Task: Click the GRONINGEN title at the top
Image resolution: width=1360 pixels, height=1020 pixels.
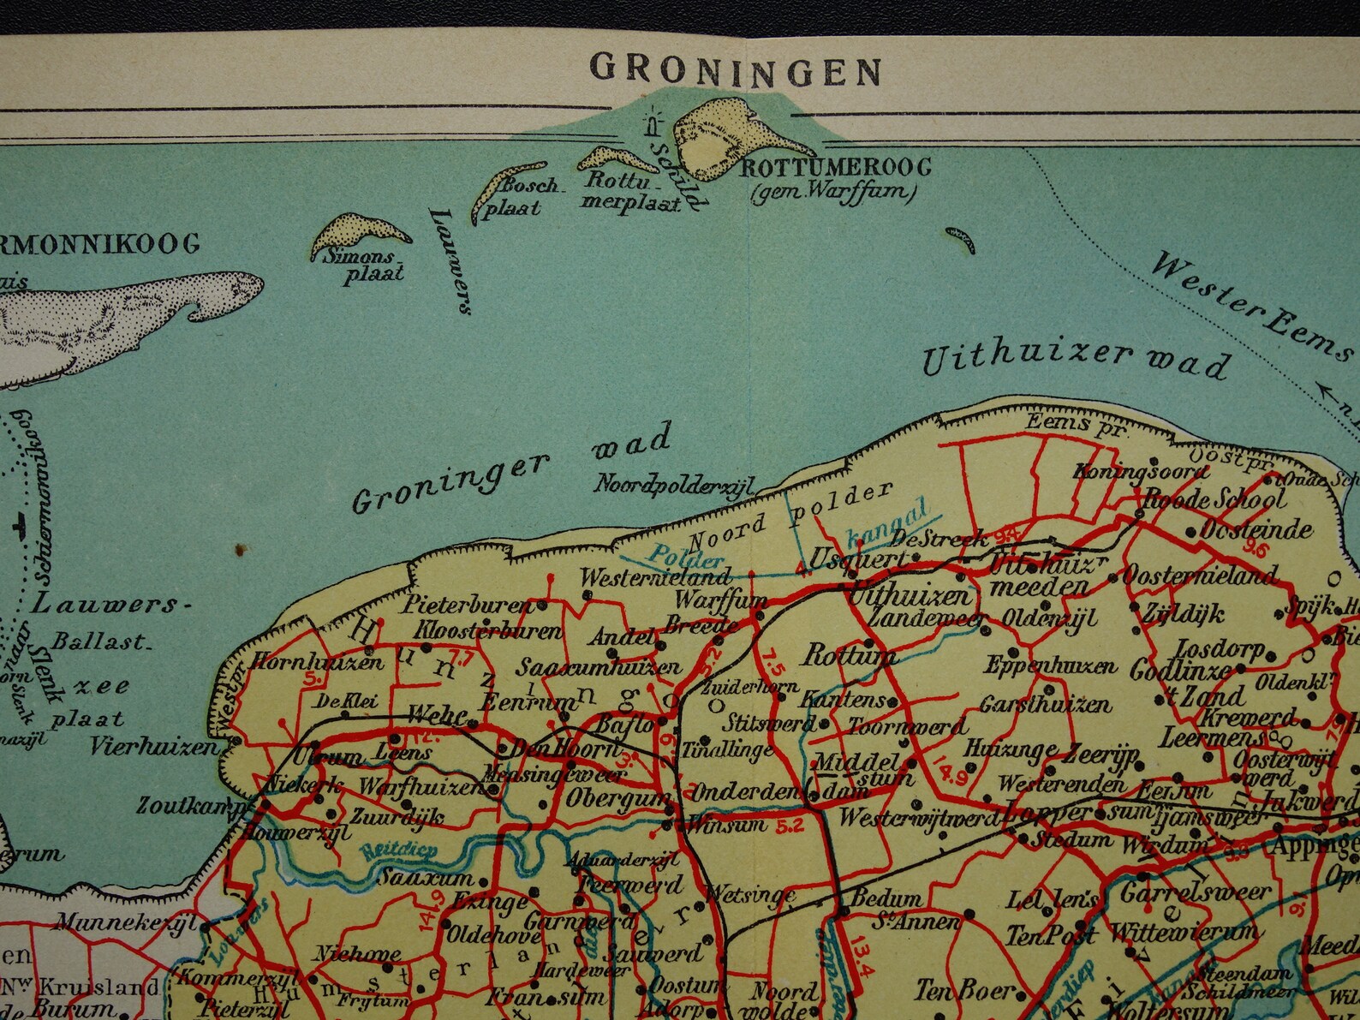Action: [736, 69]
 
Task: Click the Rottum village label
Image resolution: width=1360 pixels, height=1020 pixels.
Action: [848, 656]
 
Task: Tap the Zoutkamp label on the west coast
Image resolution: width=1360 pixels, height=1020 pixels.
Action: [192, 806]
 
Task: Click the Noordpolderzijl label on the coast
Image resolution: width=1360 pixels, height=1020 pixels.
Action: [674, 484]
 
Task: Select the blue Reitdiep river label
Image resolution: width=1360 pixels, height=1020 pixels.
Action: [388, 851]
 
